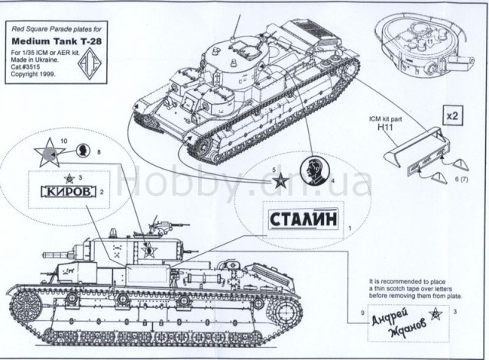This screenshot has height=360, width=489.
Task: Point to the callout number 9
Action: click(x=353, y=313)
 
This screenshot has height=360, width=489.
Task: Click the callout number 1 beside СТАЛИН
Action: click(x=349, y=228)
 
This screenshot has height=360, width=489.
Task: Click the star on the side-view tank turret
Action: click(x=150, y=250)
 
